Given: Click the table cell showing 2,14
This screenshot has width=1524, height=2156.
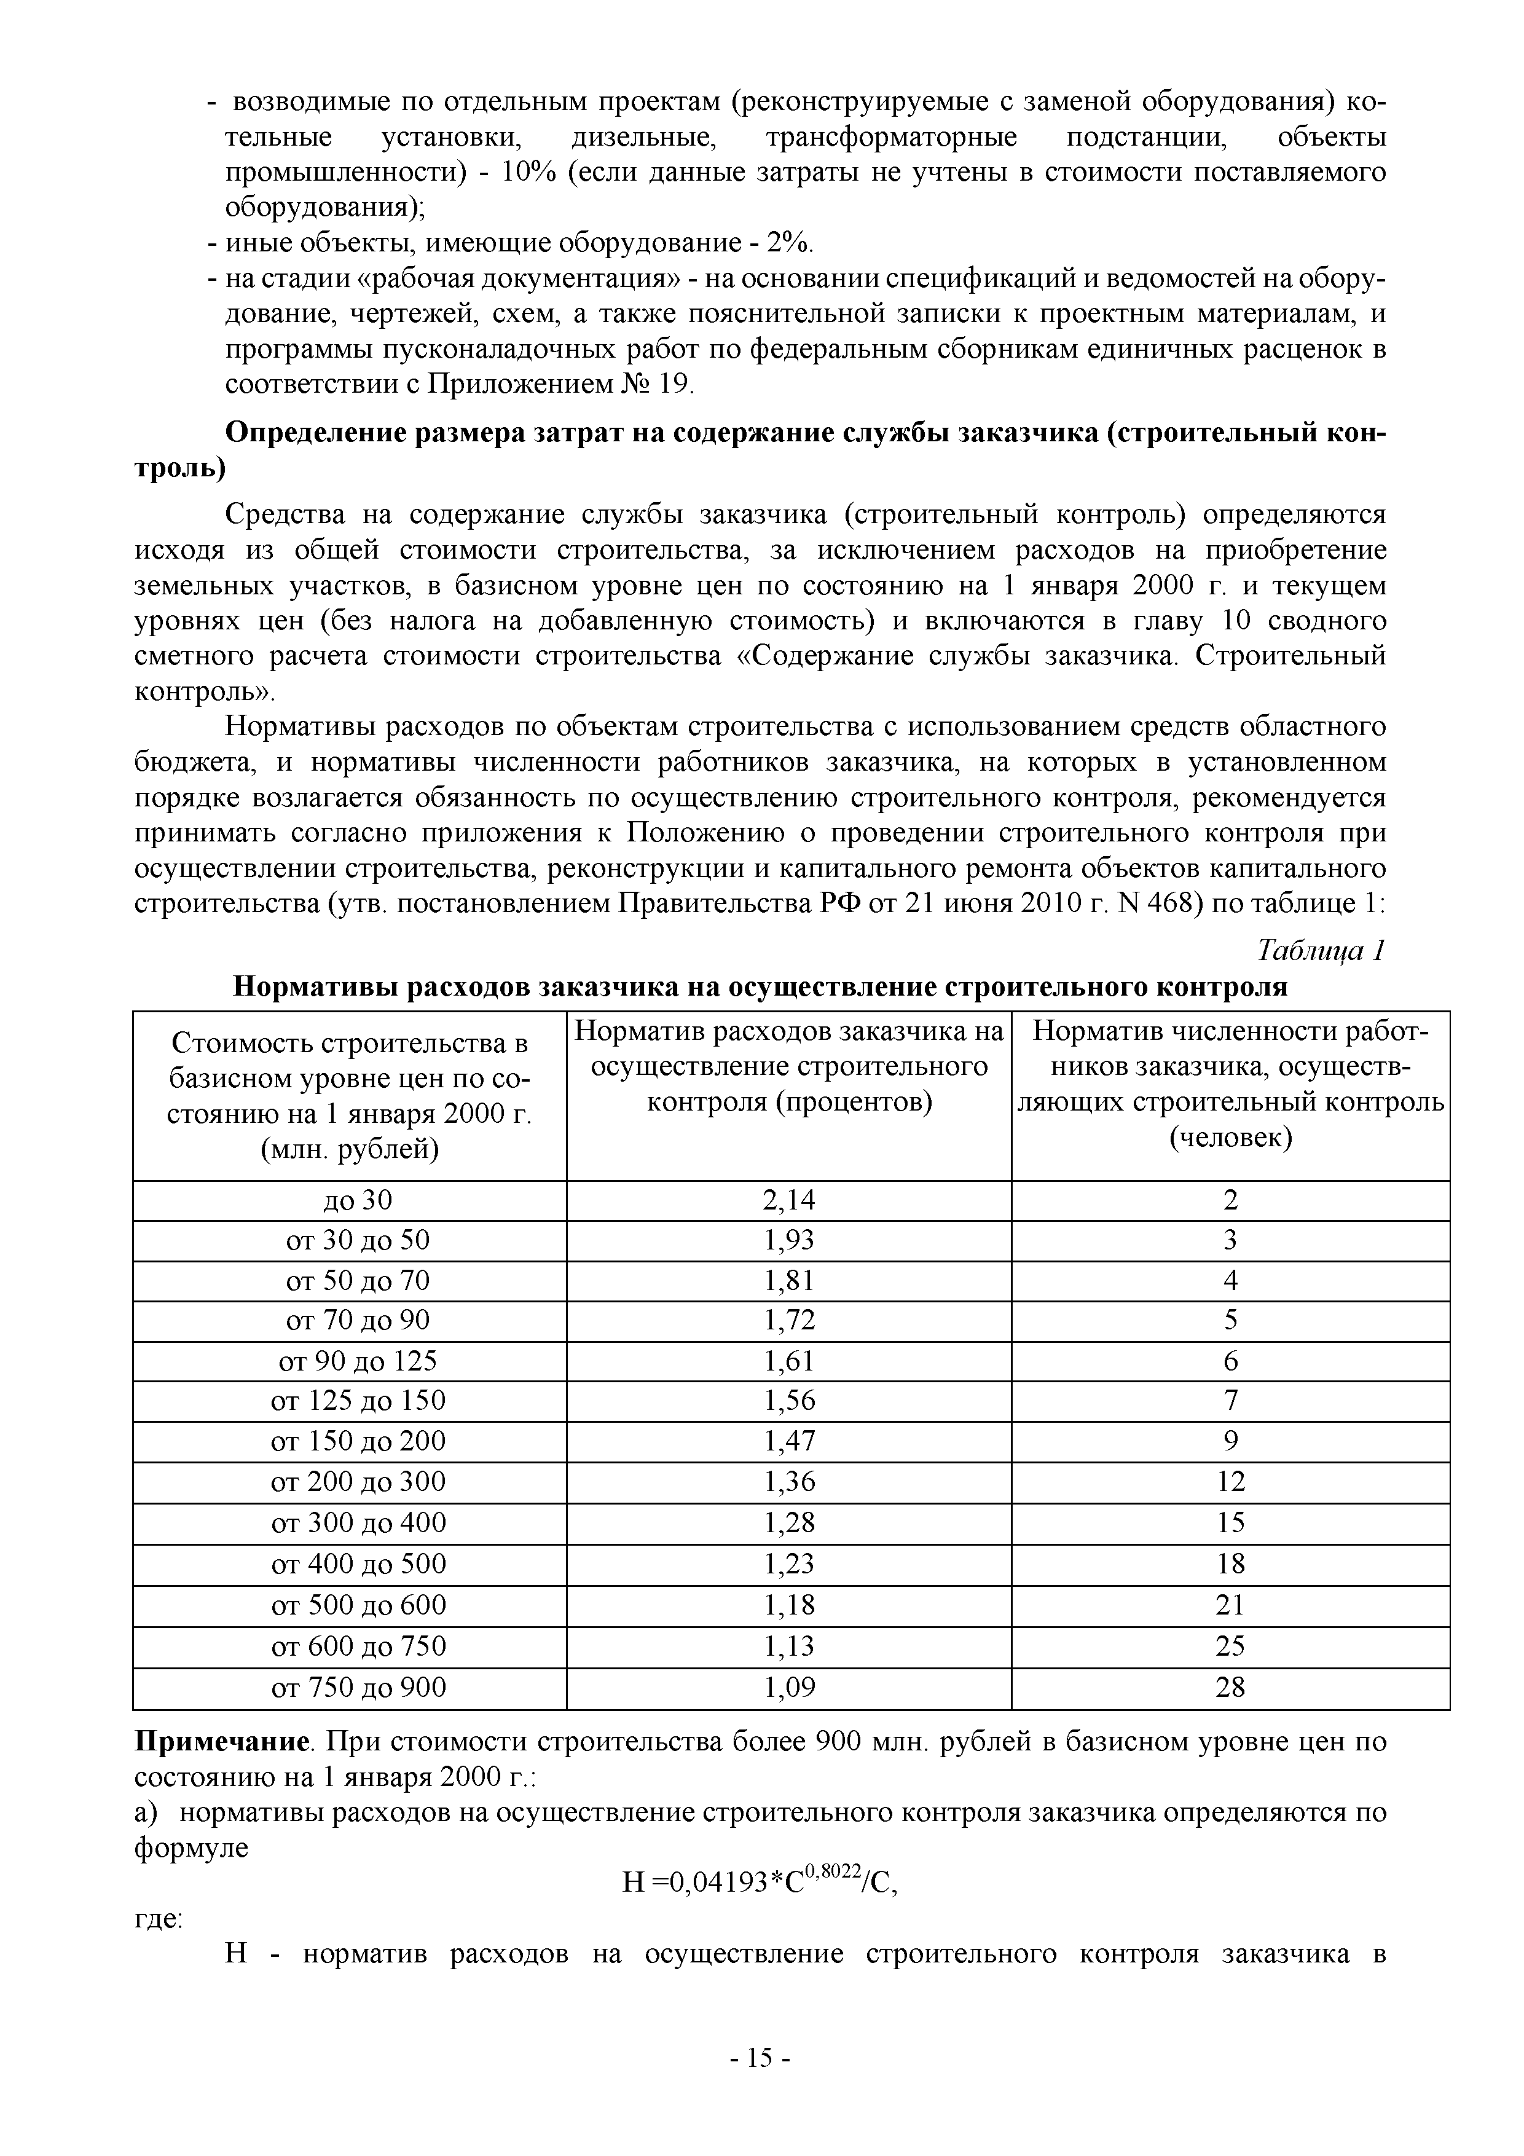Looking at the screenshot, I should point(789,1200).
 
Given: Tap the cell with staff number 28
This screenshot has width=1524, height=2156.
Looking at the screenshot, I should point(1230,1688).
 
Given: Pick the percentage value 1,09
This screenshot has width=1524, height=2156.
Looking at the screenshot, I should point(789,1688).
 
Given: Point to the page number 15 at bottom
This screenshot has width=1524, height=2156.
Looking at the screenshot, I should point(761,2058).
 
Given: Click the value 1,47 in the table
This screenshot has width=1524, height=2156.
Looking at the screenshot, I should point(789,1441).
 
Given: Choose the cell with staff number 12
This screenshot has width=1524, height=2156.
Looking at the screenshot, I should point(1230,1482).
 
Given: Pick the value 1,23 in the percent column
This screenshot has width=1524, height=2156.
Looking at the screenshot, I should point(789,1564).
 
